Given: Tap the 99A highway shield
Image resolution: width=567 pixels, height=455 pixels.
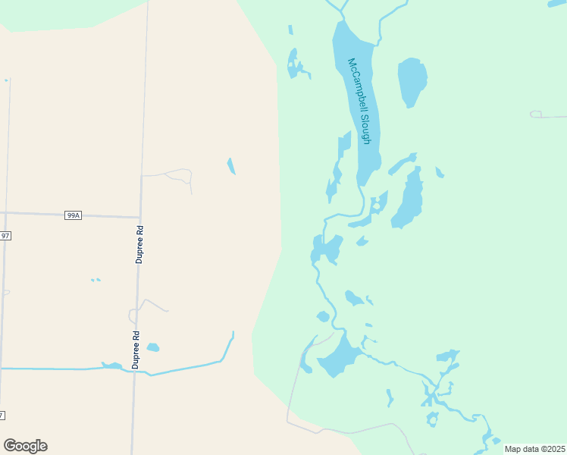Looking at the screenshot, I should pyautogui.click(x=73, y=215).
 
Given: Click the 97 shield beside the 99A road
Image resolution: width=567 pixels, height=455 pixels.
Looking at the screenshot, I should pyautogui.click(x=5, y=236).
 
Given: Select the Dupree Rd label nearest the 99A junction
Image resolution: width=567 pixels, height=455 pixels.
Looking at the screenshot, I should pyautogui.click(x=139, y=244).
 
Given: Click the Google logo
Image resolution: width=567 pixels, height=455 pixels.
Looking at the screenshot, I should pyautogui.click(x=25, y=446).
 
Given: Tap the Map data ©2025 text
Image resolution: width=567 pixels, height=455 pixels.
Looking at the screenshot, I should pyautogui.click(x=534, y=449).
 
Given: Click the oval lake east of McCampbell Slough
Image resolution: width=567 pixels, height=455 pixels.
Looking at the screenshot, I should pyautogui.click(x=412, y=82).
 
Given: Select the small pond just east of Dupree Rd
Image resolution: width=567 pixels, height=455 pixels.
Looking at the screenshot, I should pyautogui.click(x=153, y=347).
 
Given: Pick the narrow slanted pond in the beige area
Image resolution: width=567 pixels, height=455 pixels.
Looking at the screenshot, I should pyautogui.click(x=231, y=166).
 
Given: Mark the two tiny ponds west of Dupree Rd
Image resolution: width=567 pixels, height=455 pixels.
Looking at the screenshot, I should pyautogui.click(x=96, y=280).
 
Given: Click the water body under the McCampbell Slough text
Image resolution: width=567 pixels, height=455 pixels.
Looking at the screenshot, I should pyautogui.click(x=356, y=99).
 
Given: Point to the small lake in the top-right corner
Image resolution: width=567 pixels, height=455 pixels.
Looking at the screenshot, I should pyautogui.click(x=557, y=4).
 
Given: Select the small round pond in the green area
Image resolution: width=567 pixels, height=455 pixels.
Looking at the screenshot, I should pyautogui.click(x=323, y=316).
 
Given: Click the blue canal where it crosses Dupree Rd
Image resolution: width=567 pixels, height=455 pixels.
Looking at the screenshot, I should pyautogui.click(x=135, y=371).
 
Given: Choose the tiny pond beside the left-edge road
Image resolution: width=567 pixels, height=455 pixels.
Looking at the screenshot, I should pyautogui.click(x=6, y=80).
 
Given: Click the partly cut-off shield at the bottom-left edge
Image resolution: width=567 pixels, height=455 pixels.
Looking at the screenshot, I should pyautogui.click(x=2, y=415).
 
